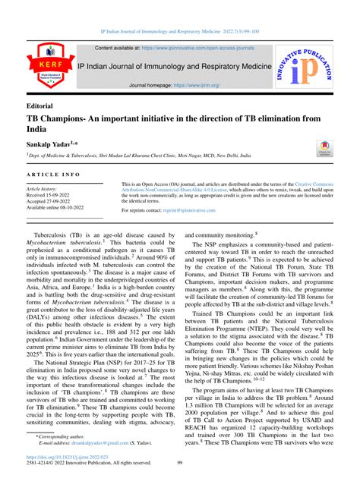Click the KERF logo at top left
[43, 67]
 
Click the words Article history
[47, 188]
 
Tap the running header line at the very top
[179, 33]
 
